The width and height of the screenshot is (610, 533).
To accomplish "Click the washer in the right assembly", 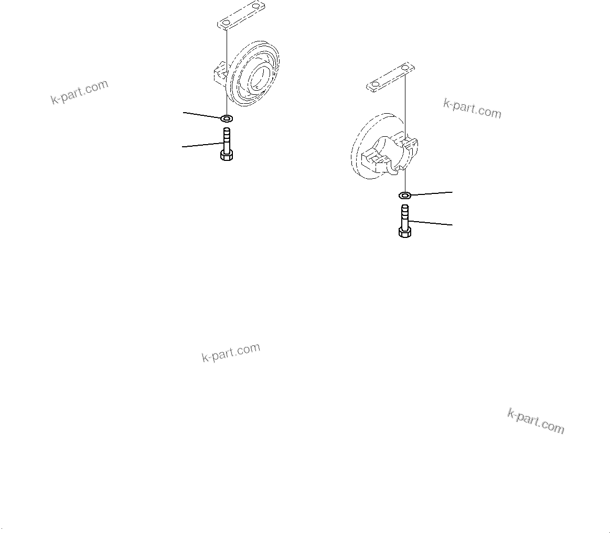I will click(x=404, y=195).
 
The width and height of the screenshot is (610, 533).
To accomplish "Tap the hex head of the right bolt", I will click(x=405, y=231).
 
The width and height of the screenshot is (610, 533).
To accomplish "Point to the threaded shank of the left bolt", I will click(x=227, y=138).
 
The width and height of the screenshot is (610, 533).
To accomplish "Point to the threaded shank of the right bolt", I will click(x=404, y=214).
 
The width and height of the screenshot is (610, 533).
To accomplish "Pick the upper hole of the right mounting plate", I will click(x=404, y=68).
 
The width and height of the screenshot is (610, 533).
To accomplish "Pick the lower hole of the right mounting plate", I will click(x=376, y=84).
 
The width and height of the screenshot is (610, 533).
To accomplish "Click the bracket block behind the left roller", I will click(x=219, y=74).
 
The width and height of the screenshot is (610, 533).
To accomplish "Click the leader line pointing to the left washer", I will click(x=202, y=115).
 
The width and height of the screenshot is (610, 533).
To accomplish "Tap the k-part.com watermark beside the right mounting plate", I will click(x=472, y=108).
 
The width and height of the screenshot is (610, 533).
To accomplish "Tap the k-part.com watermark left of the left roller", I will click(x=80, y=92).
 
